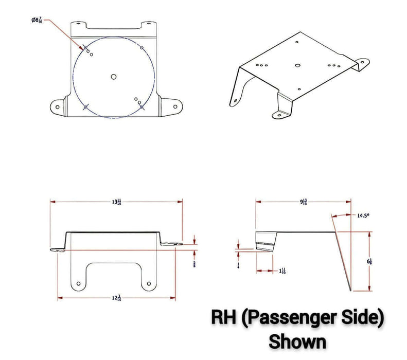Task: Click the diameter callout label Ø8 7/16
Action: [x=37, y=20]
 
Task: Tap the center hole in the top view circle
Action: [x=114, y=77]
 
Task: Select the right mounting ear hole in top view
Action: [x=175, y=106]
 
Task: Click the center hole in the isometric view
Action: [x=297, y=65]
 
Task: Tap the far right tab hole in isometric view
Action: [x=362, y=63]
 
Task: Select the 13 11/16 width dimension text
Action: [x=116, y=202]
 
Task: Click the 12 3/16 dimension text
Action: [x=116, y=298]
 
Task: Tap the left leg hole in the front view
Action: [x=78, y=283]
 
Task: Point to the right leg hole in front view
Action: [x=149, y=283]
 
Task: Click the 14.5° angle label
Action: [x=363, y=216]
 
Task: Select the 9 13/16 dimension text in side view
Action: [x=304, y=202]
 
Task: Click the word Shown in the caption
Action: [x=297, y=341]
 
